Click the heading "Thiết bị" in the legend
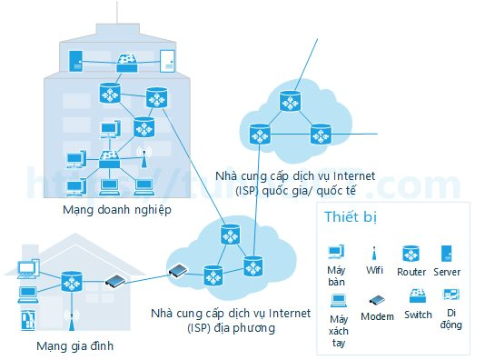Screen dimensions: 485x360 coord(351,216)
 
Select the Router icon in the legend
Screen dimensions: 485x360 coord(411,254)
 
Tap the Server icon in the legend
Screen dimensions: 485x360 coord(446,254)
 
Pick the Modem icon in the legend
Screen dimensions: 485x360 coord(377,300)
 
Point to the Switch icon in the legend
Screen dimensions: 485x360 coord(418,296)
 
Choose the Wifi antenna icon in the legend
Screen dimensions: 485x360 coord(374,254)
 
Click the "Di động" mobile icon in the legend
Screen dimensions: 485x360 coord(451,295)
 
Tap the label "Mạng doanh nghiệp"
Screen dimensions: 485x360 coord(117,210)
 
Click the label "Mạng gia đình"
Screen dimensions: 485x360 coord(74,345)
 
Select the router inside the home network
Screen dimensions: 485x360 coord(72,282)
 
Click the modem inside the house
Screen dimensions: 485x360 coord(115,281)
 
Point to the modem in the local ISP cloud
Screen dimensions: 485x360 coord(177,271)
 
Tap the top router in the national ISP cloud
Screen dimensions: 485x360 coord(290,101)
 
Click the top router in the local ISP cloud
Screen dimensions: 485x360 coord(231,235)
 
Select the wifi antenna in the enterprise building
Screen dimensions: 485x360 coord(144,157)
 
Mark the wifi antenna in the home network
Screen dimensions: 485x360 coord(72,320)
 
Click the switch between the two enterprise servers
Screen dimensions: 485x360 coord(127,64)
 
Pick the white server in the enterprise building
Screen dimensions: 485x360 coord(167,61)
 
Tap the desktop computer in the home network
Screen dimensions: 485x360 coord(29,269)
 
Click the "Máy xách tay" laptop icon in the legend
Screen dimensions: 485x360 coord(339,301)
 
